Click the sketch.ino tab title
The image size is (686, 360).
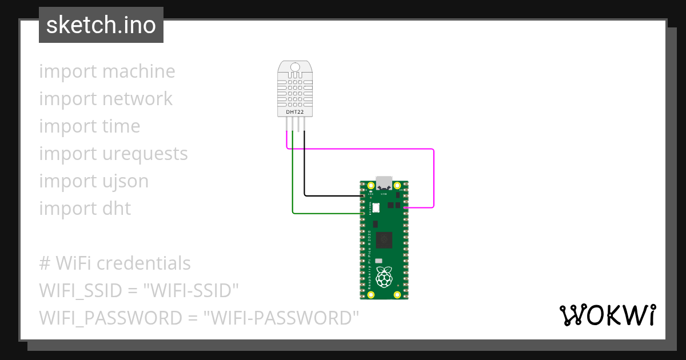point(101,25)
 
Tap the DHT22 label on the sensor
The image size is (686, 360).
point(295,113)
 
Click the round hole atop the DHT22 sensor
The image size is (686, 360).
point(295,67)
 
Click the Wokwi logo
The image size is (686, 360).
point(607,315)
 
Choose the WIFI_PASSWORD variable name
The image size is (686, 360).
point(102,318)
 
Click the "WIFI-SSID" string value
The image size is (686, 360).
point(193,290)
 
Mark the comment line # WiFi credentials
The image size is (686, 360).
point(115,263)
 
